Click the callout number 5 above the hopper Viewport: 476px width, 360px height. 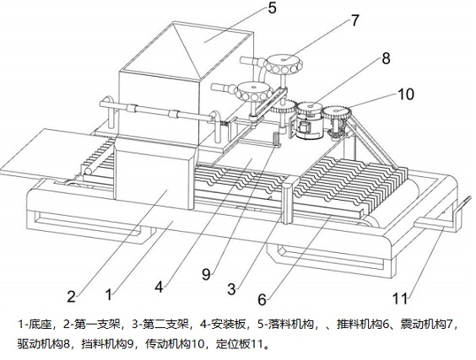pyautogui.click(x=272, y=8)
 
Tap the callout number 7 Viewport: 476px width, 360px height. pyautogui.click(x=355, y=20)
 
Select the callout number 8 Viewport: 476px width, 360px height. pyautogui.click(x=386, y=58)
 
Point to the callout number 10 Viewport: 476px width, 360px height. pyautogui.click(x=406, y=94)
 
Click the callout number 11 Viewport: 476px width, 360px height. pyautogui.click(x=400, y=298)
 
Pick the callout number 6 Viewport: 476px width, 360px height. pyautogui.click(x=262, y=299)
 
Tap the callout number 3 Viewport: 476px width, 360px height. pyautogui.click(x=231, y=289)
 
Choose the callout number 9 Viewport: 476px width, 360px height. pyautogui.click(x=206, y=275)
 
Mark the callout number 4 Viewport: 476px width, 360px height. pyautogui.click(x=159, y=287)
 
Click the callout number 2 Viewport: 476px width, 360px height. pyautogui.click(x=71, y=296)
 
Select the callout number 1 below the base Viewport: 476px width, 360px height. pyautogui.click(x=108, y=294)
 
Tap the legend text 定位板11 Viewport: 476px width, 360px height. pyautogui.click(x=239, y=344)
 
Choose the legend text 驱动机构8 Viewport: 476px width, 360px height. pyautogui.click(x=44, y=344)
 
